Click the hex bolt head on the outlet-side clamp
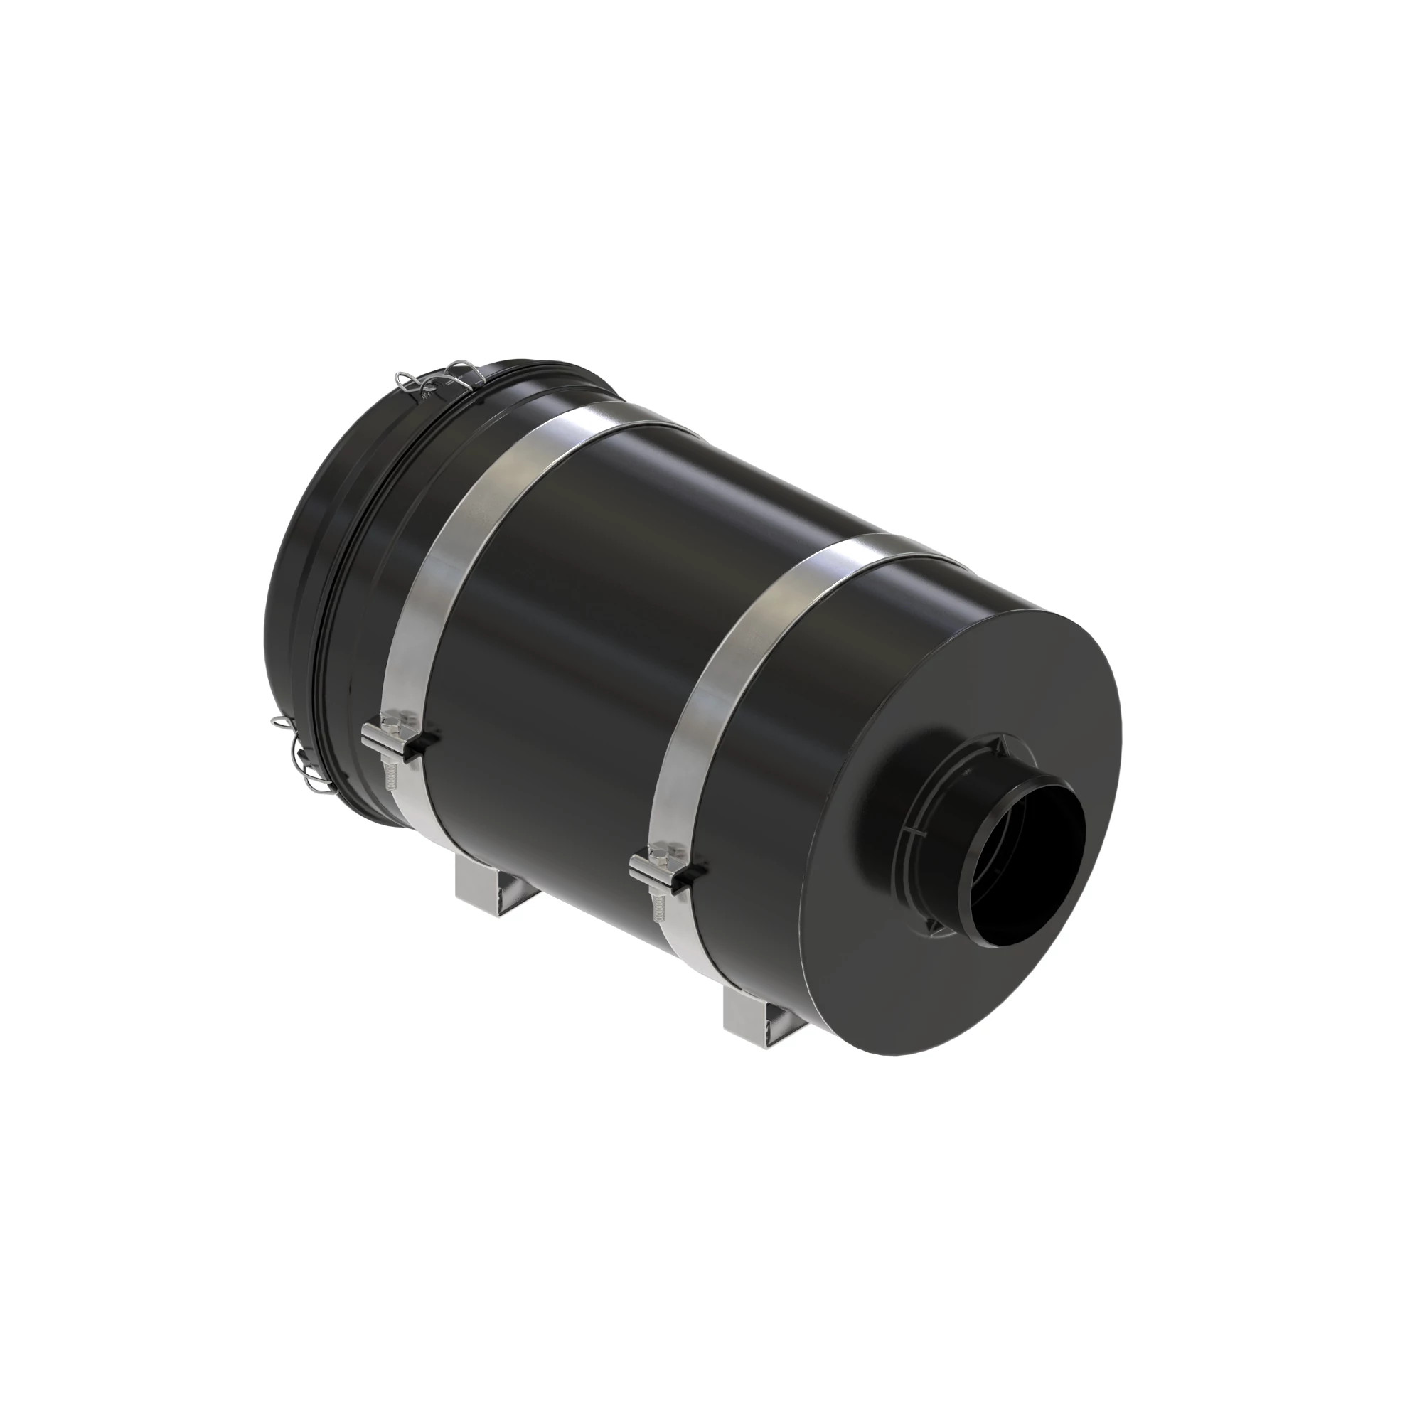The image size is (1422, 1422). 659,855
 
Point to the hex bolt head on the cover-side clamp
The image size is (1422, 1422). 390,724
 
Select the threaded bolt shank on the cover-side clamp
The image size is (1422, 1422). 390,770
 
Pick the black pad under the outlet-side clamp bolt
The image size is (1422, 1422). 692,872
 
